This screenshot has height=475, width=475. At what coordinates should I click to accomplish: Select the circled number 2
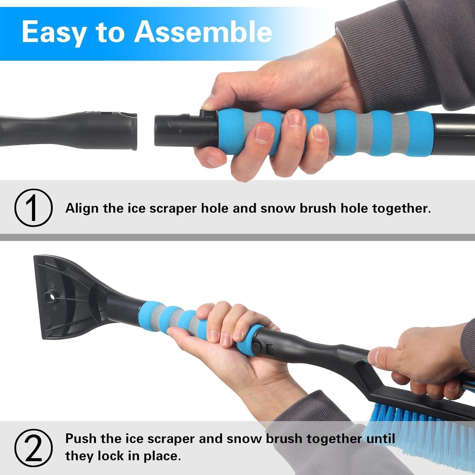click(33, 448)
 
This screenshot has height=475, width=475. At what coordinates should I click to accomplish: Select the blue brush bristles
click(412, 418)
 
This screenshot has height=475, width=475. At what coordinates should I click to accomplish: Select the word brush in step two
click(283, 439)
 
